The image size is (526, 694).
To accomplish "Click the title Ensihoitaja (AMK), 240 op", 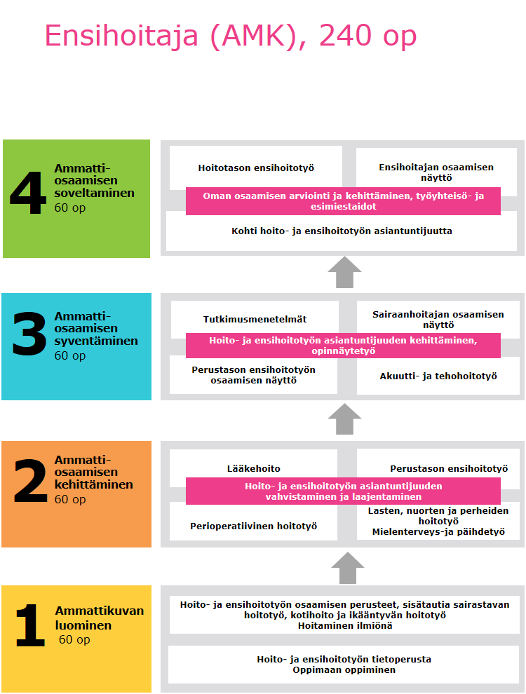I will point(231,36).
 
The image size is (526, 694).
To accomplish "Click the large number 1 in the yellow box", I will point(30,626).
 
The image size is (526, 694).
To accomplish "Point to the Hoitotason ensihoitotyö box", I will point(255,168).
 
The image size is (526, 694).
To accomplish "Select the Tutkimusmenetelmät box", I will point(255,318).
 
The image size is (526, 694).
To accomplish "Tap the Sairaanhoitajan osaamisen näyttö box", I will point(438,319).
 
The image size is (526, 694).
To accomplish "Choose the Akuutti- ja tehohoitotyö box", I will point(438,376).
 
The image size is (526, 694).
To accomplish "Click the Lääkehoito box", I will point(253,468).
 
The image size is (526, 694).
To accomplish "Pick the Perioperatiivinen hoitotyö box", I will point(253,526).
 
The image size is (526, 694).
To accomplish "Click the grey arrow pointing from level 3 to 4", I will point(344,272).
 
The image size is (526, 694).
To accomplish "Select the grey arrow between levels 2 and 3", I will point(344,419).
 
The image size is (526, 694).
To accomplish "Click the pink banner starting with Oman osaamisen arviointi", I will point(343,201).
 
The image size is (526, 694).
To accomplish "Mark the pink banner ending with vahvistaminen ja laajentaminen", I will point(343,491).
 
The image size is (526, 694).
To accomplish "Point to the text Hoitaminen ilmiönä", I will point(344,626).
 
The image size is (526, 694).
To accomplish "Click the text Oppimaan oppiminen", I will point(344,669).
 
